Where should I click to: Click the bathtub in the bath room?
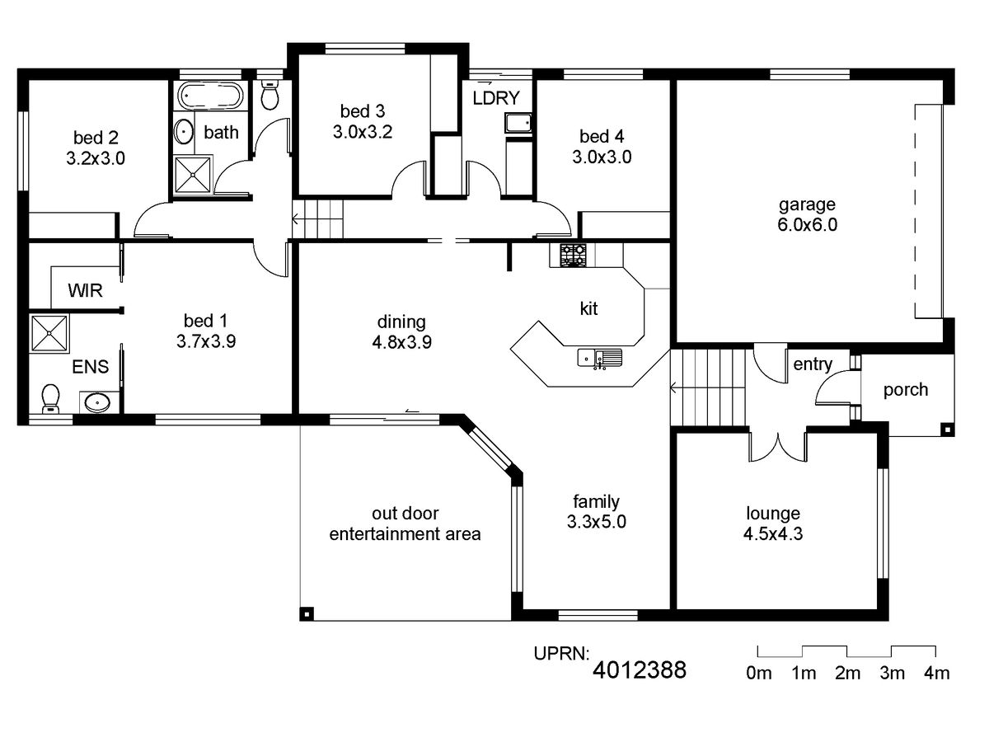(210, 96)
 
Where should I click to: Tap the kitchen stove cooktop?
(574, 256)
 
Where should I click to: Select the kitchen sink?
(600, 358)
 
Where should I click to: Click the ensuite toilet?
(50, 398)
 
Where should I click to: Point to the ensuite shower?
(49, 333)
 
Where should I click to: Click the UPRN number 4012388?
(640, 670)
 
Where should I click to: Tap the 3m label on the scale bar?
(892, 673)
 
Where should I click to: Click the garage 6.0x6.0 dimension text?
(807, 224)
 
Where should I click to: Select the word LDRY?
(496, 98)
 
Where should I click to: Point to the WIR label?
(85, 290)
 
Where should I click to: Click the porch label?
(906, 390)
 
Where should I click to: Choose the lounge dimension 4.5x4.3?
(773, 534)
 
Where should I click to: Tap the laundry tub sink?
(518, 123)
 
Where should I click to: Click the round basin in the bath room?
(184, 132)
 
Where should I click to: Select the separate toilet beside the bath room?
(270, 96)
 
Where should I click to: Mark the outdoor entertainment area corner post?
(307, 613)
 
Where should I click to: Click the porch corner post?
(948, 430)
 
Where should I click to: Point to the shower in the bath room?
(192, 175)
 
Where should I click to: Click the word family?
(596, 501)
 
